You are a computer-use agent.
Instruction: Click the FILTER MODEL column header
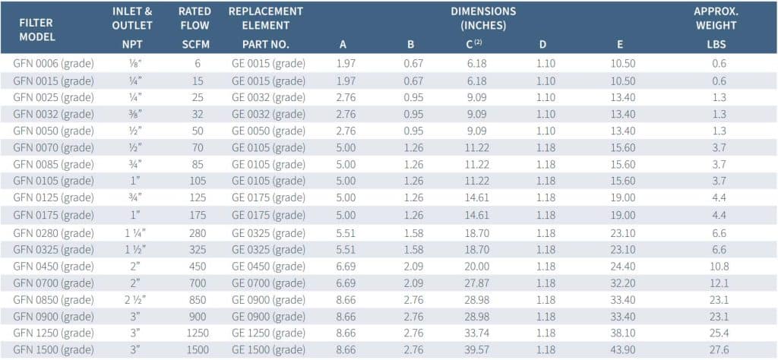coord(36,30)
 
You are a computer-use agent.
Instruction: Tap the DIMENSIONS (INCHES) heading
coord(482,18)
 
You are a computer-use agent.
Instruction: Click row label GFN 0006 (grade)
coord(54,64)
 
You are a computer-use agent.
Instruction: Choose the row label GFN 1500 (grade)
coord(54,349)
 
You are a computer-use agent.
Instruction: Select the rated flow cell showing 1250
coord(198,333)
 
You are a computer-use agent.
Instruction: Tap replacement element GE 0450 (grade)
coord(268,267)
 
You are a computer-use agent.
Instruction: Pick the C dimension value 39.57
coord(476,349)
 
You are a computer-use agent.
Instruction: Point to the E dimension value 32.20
coord(621,283)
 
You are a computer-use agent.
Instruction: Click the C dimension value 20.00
coord(476,267)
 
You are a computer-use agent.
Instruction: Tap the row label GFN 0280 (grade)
coord(54,232)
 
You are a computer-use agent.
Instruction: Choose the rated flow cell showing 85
coord(198,165)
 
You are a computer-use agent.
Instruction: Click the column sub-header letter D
coord(542,45)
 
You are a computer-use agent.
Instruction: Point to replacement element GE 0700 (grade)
coord(268,283)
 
